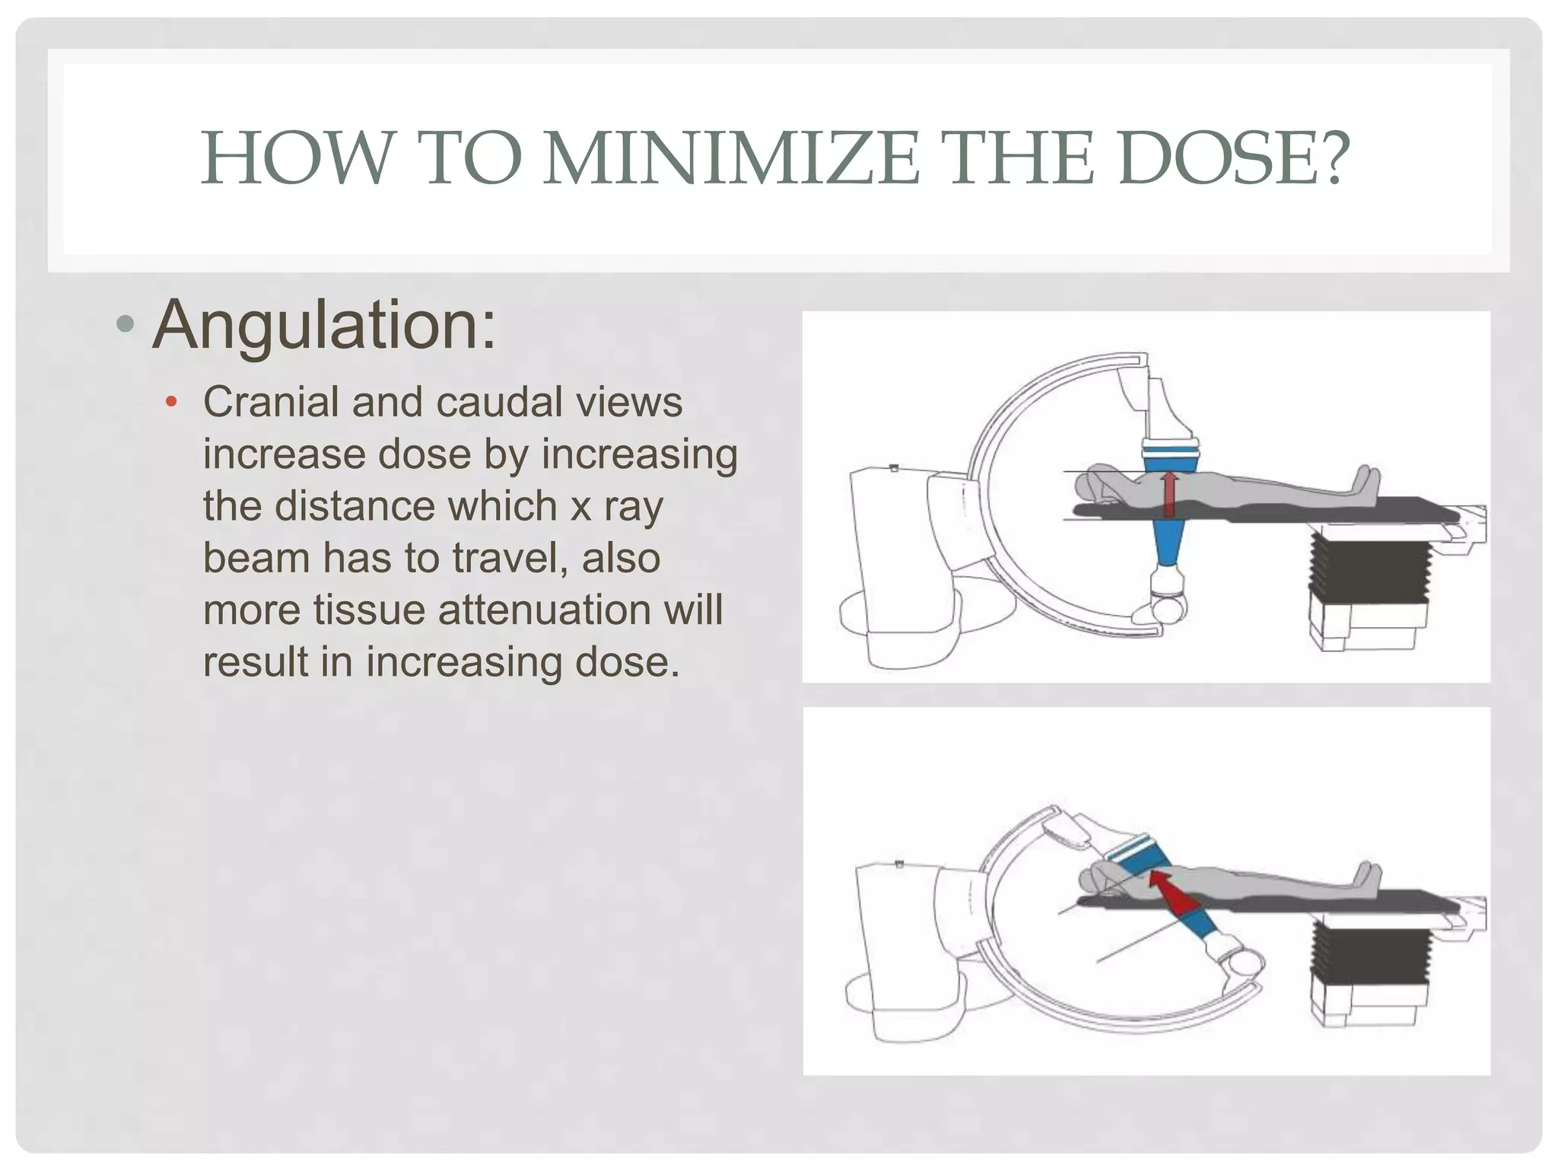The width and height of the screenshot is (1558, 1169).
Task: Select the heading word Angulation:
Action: (324, 325)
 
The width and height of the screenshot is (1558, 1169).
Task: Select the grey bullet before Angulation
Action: (126, 326)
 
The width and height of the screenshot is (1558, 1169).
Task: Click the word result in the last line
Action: (255, 661)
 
